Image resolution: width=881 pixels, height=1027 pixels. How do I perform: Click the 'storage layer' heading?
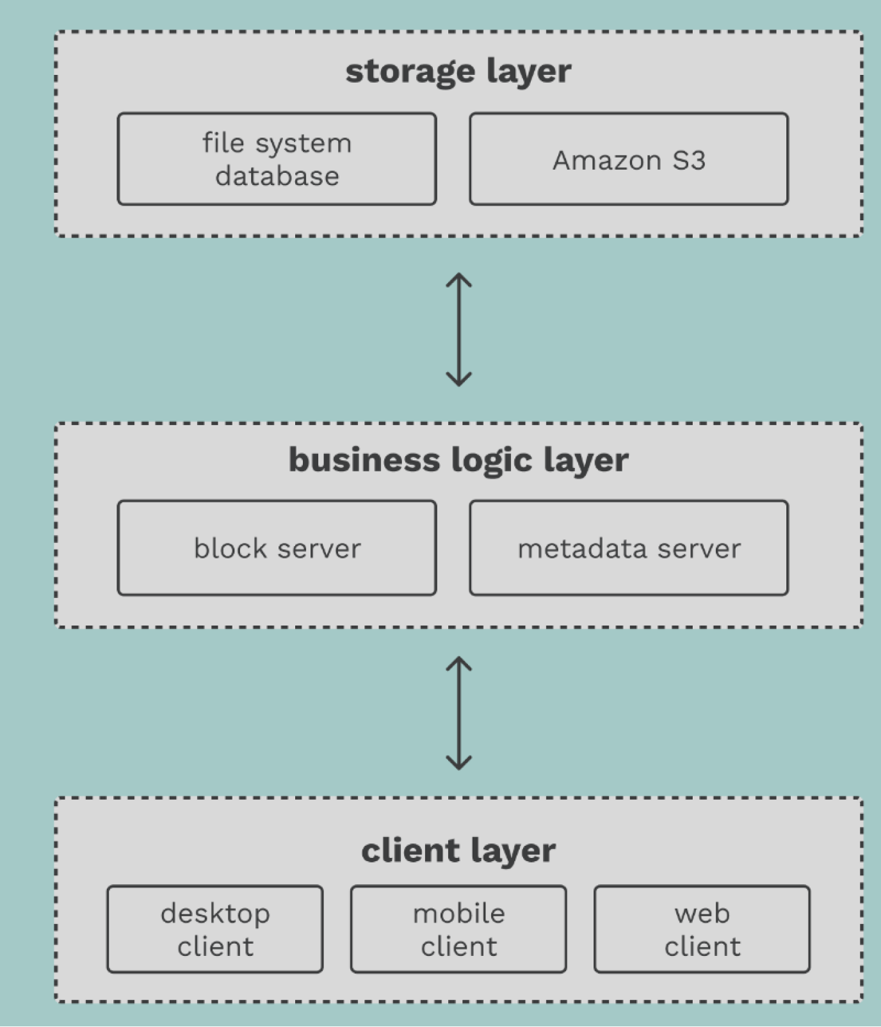coord(458,71)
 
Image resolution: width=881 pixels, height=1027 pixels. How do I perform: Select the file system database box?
coord(277,159)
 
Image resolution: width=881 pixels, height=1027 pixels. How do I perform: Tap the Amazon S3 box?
coord(629,159)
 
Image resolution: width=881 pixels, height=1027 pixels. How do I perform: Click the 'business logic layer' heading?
coord(458,460)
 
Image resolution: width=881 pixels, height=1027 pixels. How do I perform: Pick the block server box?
coord(277,548)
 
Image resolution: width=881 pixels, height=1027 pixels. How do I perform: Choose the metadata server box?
coord(629,548)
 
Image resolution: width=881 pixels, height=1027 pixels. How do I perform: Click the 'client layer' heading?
coord(458,851)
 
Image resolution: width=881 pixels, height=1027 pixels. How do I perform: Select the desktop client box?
coord(215,929)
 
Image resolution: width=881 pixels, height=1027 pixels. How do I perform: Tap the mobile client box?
coord(458,929)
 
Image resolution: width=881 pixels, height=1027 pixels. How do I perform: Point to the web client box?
coord(702,929)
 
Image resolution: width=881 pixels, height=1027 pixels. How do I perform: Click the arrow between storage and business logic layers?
coord(459,330)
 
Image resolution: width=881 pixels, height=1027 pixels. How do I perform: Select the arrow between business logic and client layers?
coord(459,713)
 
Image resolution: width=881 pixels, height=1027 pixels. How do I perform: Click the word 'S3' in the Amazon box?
coord(688,160)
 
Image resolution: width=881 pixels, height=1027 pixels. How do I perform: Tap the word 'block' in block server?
coord(230,548)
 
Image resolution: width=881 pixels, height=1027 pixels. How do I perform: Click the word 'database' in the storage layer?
coord(277,176)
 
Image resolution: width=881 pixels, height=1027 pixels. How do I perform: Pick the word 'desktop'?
coord(215,914)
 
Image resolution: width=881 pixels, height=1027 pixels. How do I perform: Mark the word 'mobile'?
coord(458,913)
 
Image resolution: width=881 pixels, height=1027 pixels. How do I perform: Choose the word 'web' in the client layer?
coord(702,914)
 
